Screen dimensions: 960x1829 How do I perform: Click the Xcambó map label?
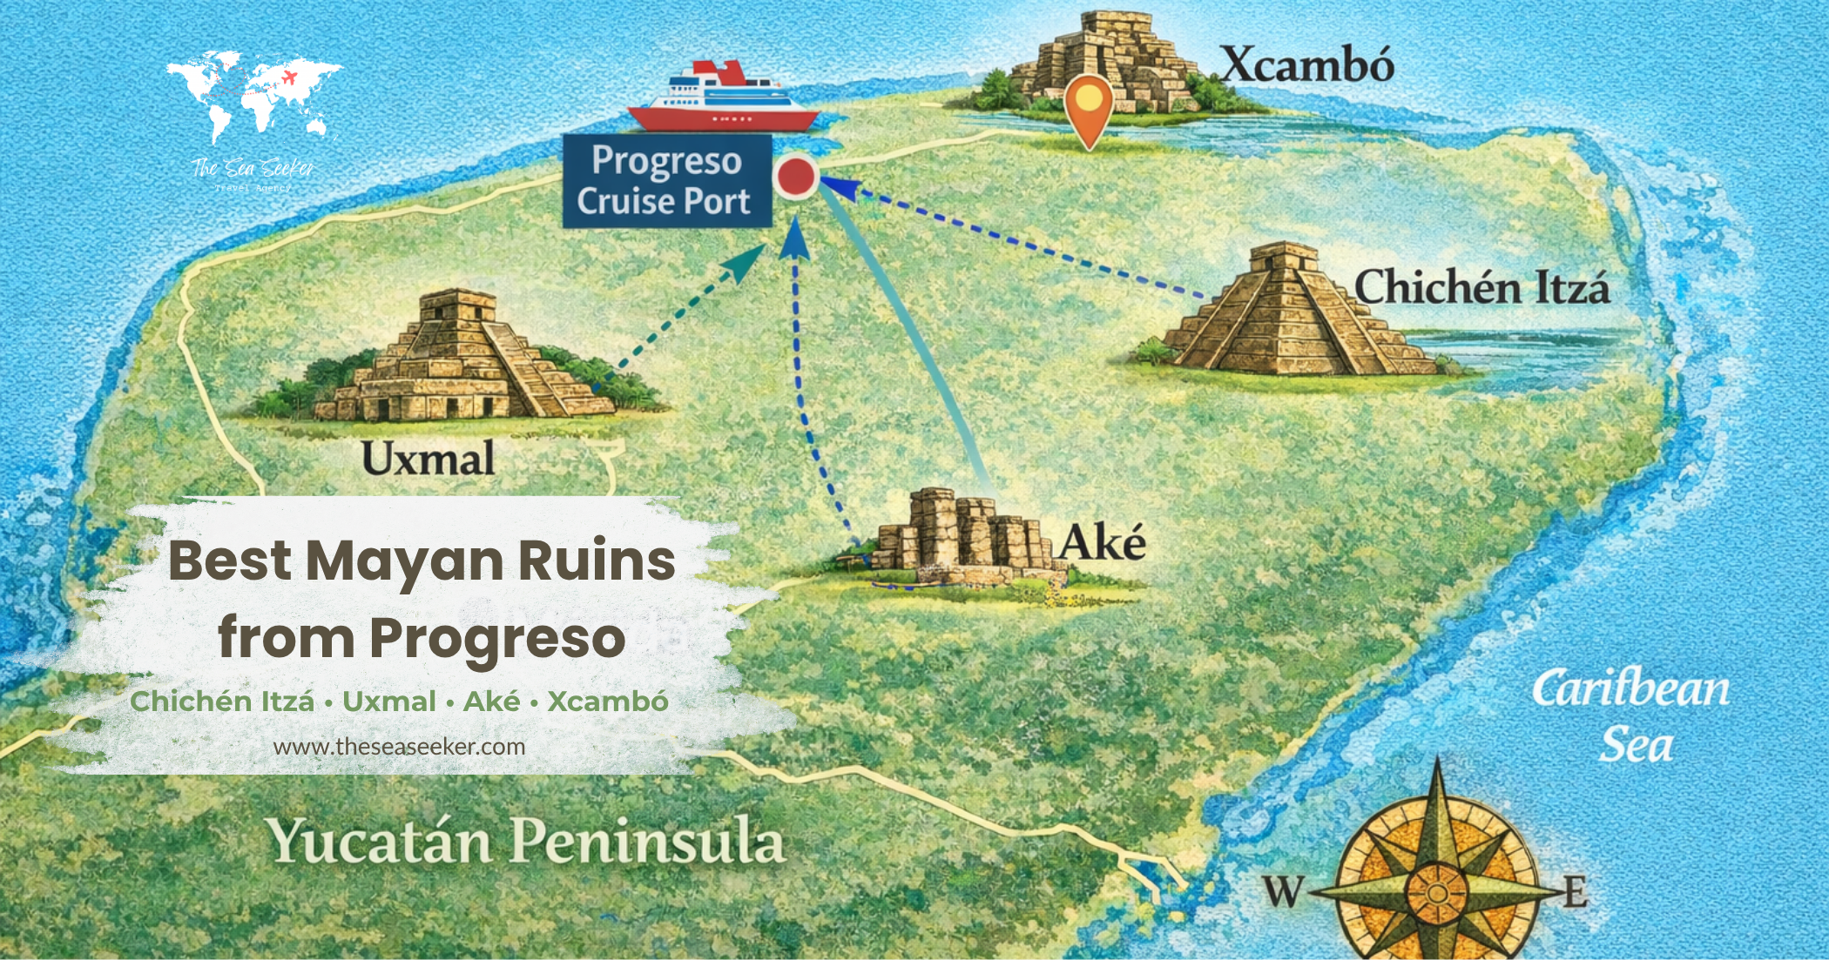[x=1306, y=65]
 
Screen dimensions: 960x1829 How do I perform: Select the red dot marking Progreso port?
[x=795, y=177]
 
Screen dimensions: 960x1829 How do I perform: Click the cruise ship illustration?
[x=722, y=97]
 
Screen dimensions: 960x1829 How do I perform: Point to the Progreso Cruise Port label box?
[x=665, y=181]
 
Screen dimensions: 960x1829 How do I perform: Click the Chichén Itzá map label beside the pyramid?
[x=1481, y=287]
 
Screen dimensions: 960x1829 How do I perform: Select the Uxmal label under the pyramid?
[x=428, y=459]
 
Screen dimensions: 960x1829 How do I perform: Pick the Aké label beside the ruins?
[x=1102, y=543]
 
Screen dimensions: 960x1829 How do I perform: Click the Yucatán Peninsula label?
[x=526, y=842]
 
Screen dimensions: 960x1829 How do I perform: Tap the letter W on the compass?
[x=1282, y=891]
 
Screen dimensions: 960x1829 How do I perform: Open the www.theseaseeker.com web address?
[x=399, y=747]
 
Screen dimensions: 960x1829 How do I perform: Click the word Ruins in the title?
[x=597, y=561]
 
